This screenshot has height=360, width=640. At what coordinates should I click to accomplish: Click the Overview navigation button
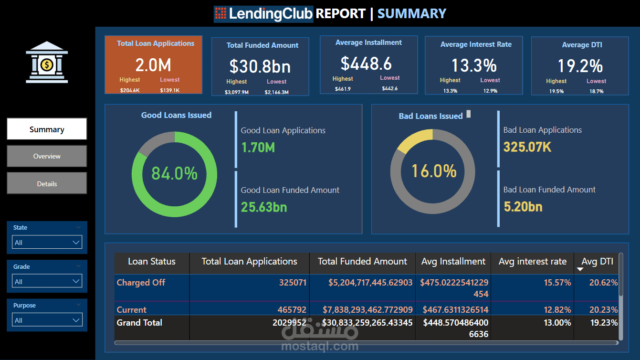47,156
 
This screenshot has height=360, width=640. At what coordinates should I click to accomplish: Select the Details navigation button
47,183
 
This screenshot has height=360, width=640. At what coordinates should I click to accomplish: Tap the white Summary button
47,129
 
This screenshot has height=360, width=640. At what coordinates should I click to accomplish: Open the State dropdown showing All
47,242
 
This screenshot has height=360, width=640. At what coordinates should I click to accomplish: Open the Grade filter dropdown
47,281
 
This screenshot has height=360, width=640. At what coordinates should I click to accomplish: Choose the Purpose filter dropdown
47,320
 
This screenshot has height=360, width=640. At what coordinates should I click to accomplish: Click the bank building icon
47,63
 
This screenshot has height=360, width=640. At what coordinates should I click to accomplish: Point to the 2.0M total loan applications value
153,65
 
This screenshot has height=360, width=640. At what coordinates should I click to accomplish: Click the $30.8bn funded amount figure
260,66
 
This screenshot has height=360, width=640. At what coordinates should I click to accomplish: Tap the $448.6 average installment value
366,64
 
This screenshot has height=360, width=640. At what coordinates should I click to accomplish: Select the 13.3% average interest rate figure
474,65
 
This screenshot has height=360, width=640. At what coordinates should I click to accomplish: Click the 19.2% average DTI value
580,66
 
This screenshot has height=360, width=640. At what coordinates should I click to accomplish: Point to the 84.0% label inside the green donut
174,173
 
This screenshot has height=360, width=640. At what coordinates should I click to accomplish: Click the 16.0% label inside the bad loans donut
434,171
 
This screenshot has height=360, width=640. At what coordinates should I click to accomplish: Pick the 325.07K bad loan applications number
527,147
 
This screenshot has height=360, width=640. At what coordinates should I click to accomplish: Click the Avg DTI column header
597,261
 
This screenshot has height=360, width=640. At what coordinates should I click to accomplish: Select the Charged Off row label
141,283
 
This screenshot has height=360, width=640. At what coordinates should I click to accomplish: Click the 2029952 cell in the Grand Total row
289,323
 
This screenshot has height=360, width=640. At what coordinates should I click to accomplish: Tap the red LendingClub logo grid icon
220,13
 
